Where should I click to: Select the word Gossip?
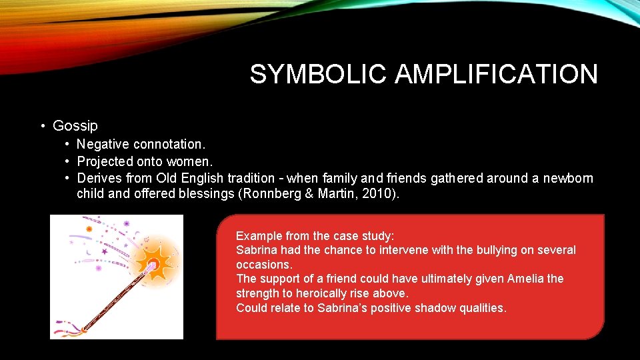tap(75, 125)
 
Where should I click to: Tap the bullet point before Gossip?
tap(42, 125)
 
